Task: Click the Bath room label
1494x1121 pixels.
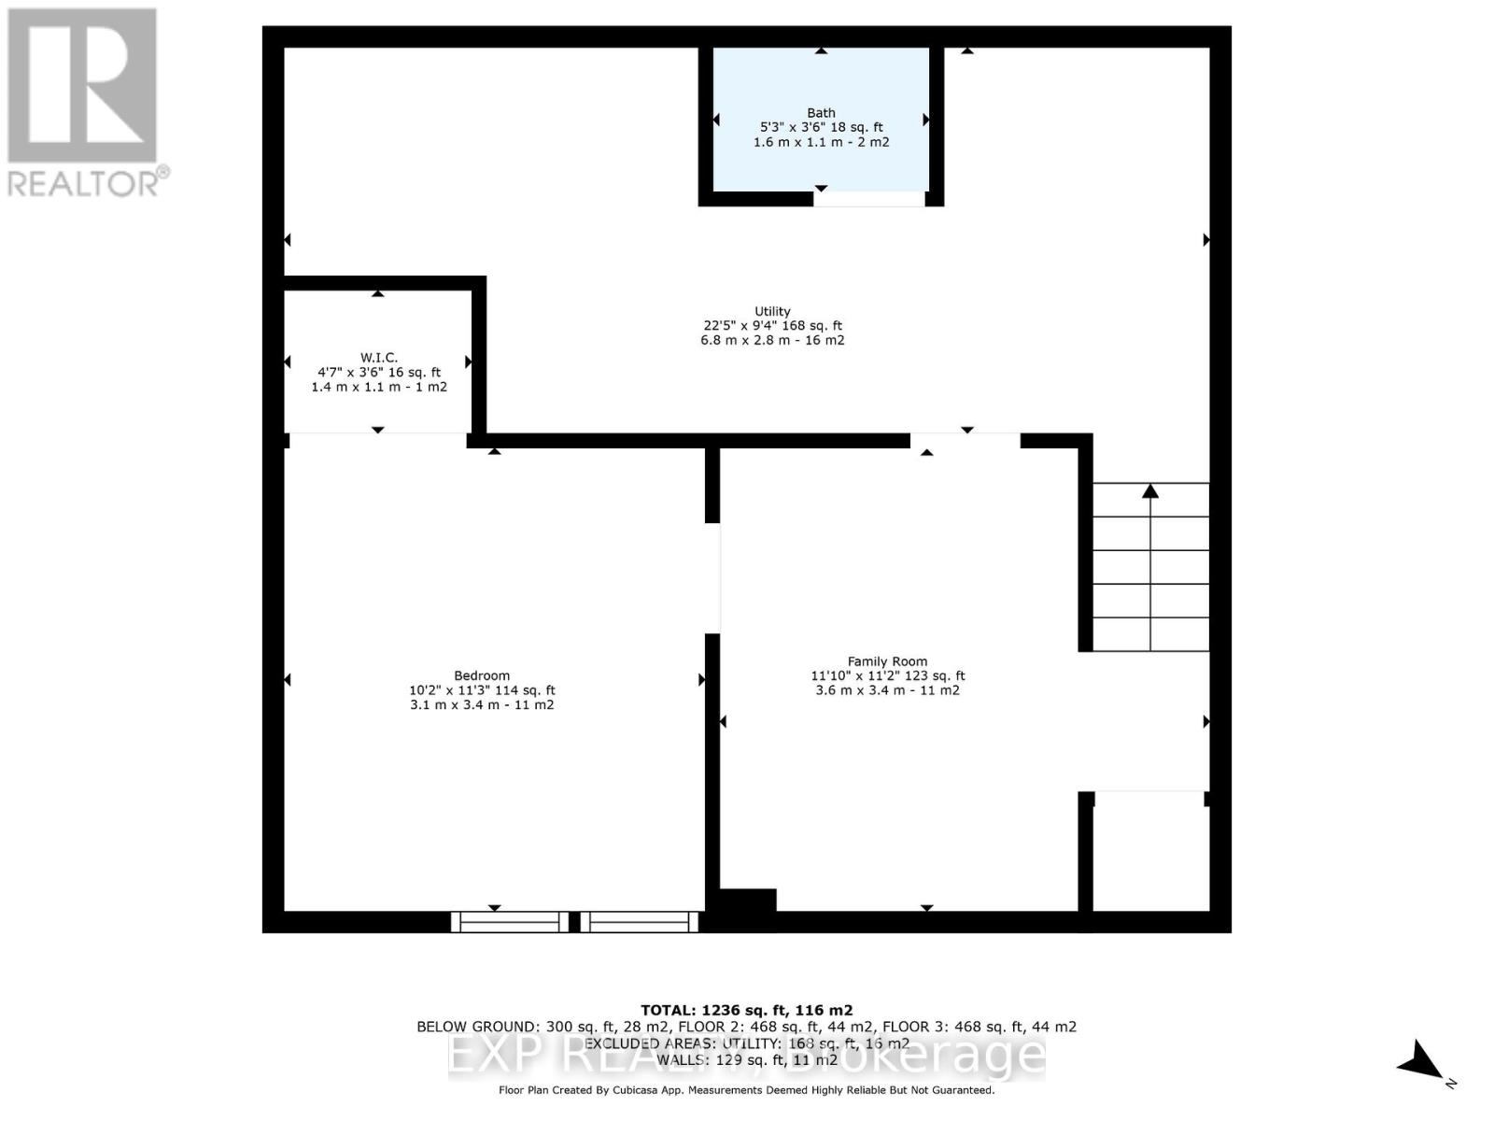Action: (822, 113)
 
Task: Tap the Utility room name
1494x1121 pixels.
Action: (772, 311)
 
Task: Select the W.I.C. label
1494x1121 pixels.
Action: (379, 358)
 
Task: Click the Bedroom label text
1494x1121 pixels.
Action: (482, 675)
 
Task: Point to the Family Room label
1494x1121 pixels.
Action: (887, 661)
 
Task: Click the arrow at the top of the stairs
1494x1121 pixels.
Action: (1150, 490)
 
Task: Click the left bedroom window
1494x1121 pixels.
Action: (510, 922)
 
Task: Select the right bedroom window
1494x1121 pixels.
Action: (640, 922)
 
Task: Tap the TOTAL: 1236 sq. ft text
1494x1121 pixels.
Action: (746, 1010)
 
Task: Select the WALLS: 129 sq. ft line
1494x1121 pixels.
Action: (746, 1060)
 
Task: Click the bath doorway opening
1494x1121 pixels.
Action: (868, 199)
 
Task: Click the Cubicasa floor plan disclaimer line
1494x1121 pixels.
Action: (746, 1090)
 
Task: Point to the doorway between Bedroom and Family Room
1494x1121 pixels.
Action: (712, 578)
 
